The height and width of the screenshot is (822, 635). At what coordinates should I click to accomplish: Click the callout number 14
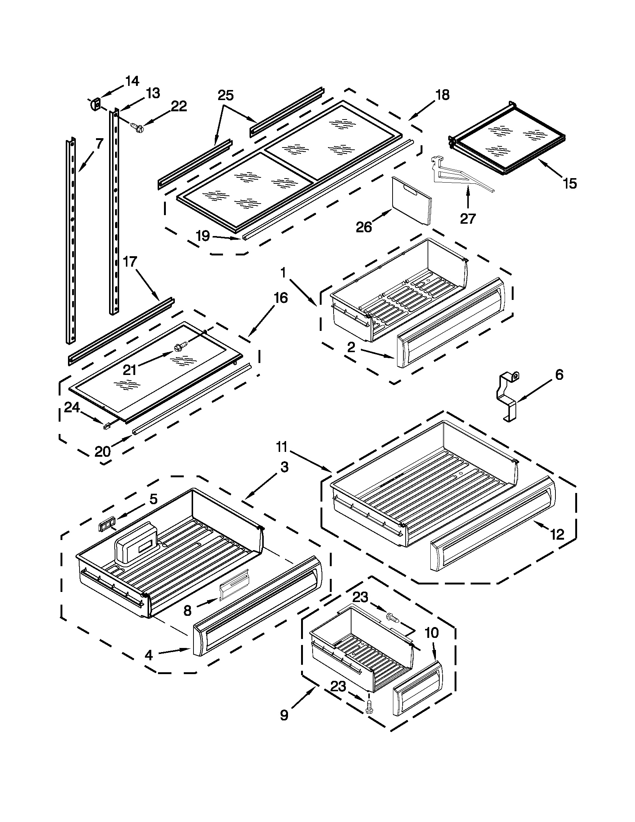(x=132, y=81)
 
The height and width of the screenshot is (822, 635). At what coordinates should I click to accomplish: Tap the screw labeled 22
(x=135, y=127)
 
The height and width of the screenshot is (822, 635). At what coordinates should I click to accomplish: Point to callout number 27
(x=468, y=218)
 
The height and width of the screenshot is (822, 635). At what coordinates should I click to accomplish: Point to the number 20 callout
(x=102, y=451)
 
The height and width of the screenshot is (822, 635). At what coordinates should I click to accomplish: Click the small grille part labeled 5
(x=106, y=524)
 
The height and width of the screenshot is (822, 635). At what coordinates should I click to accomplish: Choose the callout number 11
(x=281, y=447)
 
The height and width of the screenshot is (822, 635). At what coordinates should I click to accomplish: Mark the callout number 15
(x=570, y=183)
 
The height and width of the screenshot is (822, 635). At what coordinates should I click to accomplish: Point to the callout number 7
(x=99, y=144)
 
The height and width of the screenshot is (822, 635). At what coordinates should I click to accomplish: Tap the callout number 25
(x=226, y=95)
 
